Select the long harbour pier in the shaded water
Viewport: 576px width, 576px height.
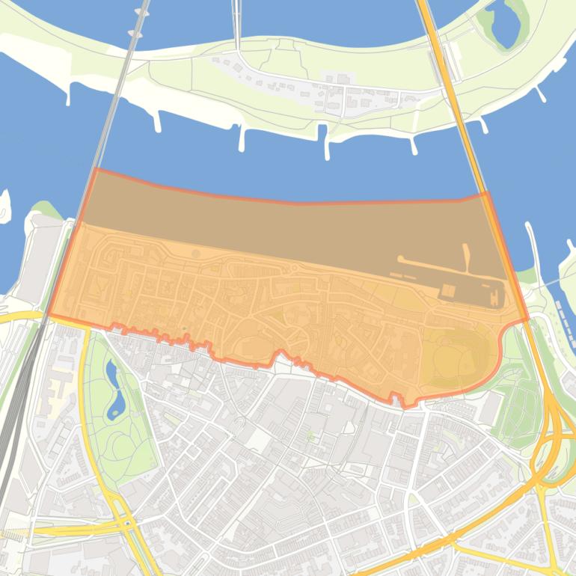coord(449,269)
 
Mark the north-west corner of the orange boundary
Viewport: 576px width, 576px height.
coord(96,170)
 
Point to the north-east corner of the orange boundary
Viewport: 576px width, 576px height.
coord(486,193)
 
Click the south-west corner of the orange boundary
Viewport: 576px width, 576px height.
coord(49,315)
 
